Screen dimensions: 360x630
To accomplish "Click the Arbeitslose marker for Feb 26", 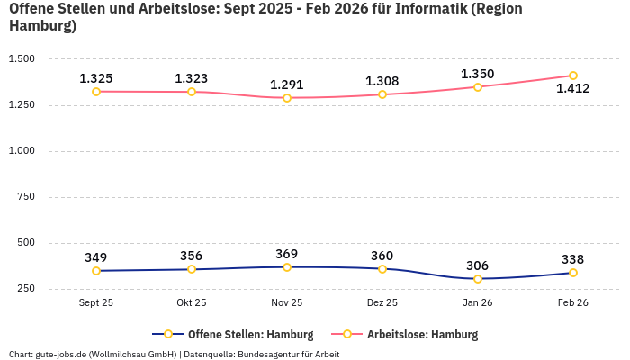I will [573, 76].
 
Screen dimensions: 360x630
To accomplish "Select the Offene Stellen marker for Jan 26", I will [478, 279].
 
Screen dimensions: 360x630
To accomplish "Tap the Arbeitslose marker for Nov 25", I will [287, 98].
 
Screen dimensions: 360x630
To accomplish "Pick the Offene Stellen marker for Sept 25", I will [96, 271].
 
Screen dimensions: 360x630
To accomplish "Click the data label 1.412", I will [573, 89].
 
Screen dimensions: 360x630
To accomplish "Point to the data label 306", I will [478, 265].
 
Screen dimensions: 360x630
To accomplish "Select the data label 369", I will [287, 254].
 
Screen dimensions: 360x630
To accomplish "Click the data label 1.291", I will [287, 85].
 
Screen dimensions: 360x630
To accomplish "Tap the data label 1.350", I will [478, 74].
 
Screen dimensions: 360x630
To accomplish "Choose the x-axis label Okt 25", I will [192, 303].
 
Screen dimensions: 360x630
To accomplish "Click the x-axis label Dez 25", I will [382, 303].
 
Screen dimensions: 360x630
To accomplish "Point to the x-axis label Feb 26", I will [573, 303].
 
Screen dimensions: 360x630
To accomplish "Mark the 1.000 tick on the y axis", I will [22, 151].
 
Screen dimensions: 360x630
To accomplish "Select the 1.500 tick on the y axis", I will [22, 59].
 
